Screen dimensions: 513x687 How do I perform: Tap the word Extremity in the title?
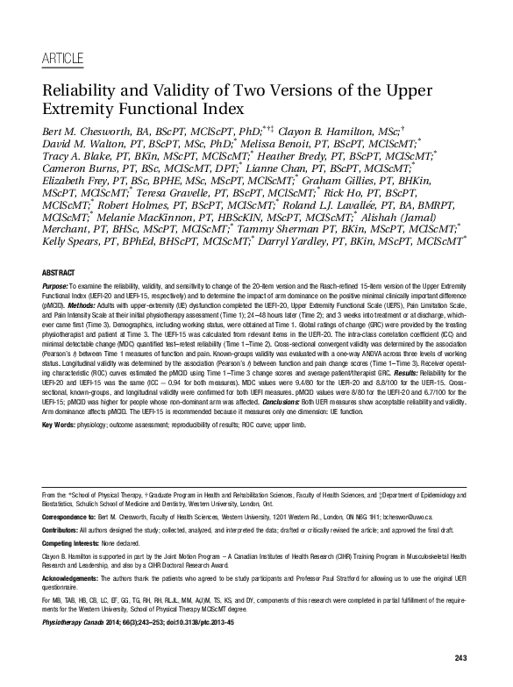pyautogui.click(x=80, y=111)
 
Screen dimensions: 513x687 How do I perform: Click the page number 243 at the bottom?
pyautogui.click(x=462, y=658)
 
